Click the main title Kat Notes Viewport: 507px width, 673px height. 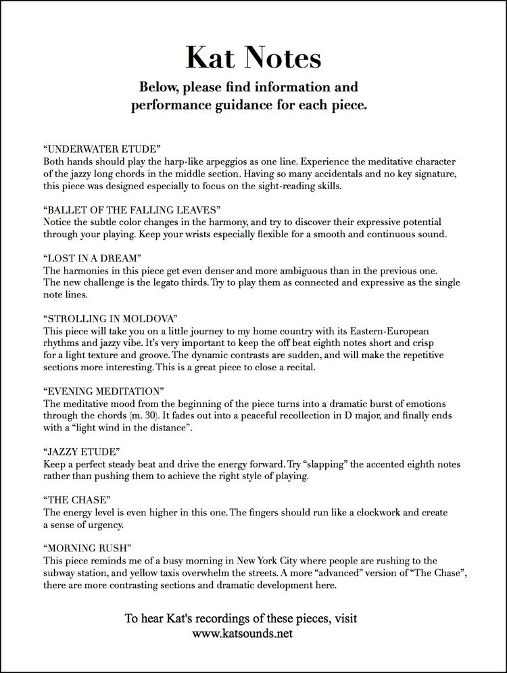point(254,59)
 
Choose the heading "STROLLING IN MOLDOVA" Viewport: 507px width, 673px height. point(111,318)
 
